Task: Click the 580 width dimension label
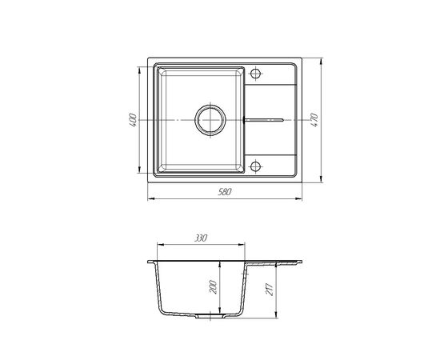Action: pos(225,192)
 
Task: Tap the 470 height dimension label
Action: pos(314,120)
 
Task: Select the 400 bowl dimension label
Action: pos(133,120)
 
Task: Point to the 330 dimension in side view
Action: pos(201,238)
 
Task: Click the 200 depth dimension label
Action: pos(214,286)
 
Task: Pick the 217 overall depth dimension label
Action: pos(269,290)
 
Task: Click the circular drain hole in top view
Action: pos(210,120)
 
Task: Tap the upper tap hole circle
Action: pos(255,74)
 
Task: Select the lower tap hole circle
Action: pos(255,166)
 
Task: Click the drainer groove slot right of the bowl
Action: pos(264,120)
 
